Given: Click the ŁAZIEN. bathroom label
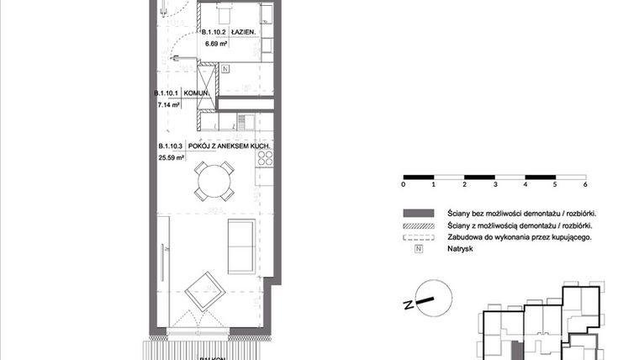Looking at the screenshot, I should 243,34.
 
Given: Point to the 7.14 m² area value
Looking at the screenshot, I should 169,106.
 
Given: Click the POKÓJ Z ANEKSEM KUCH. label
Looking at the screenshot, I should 229,146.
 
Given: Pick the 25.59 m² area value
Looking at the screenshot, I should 172,157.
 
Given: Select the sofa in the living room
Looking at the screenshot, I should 241,246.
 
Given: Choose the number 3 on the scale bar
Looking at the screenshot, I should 494,183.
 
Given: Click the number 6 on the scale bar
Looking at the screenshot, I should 584,183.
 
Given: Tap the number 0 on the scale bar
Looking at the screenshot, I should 404,183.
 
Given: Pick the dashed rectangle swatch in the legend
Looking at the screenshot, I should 418,238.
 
